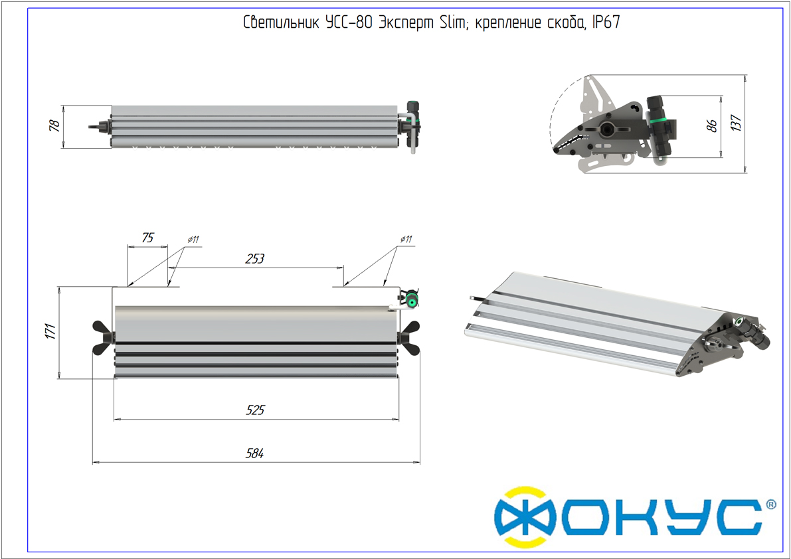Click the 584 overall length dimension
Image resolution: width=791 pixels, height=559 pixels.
pos(255,453)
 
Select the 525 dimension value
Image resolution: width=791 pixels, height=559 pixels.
pos(255,410)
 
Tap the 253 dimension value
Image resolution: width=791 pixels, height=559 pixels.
pos(255,258)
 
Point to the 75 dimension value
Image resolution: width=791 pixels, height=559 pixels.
pos(147,238)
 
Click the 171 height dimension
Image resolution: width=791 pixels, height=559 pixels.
pos(50,332)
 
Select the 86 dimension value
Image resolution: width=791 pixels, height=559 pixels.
pos(711,125)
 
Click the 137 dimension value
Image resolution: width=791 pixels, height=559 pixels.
pos(736,123)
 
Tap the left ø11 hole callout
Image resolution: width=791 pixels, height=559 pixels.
pos(193,240)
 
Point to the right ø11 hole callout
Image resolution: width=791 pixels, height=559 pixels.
pos(406,239)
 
